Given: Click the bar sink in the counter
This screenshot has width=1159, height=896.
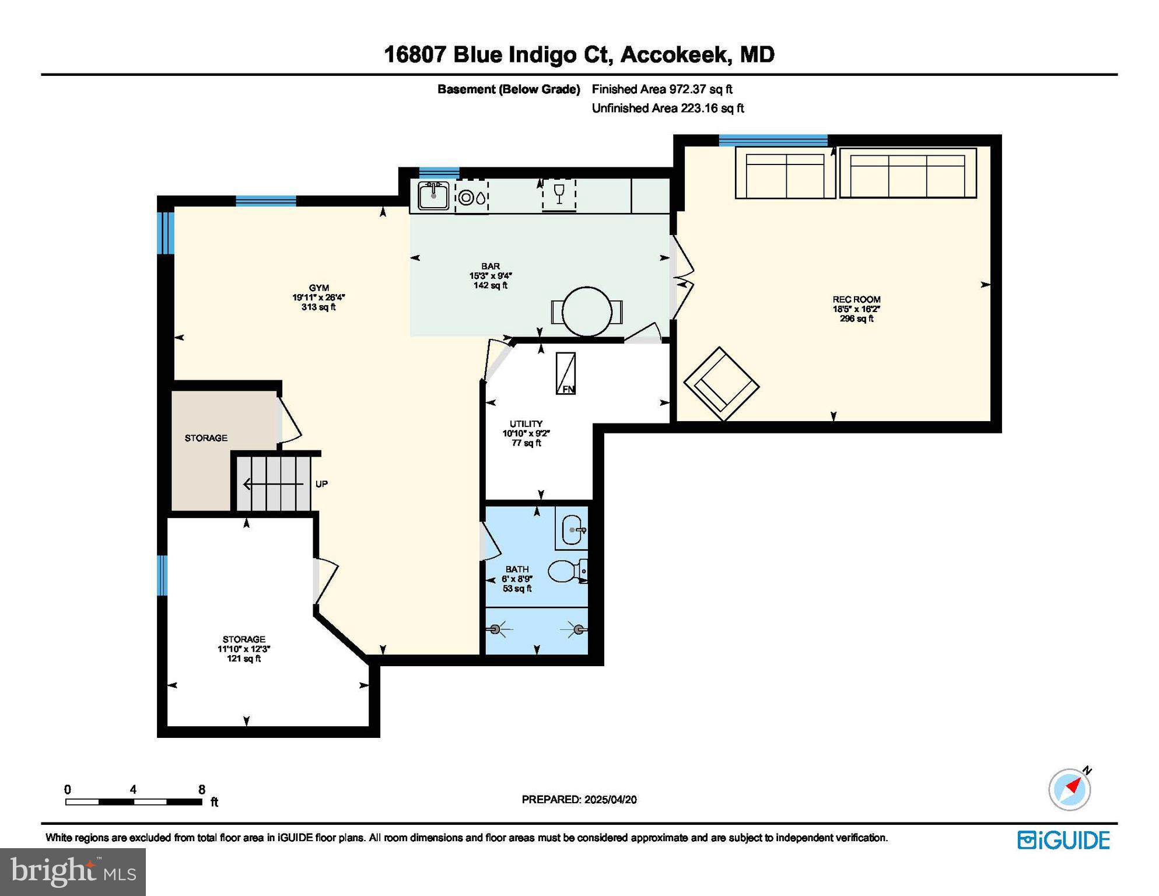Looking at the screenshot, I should click(433, 195).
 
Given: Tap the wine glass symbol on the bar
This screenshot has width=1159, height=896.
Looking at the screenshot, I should click(559, 194).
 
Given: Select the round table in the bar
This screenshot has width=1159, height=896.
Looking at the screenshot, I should click(587, 311).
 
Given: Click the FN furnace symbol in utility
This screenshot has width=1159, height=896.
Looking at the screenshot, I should click(565, 373).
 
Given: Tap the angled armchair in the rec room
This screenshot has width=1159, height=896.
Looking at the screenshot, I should click(721, 384).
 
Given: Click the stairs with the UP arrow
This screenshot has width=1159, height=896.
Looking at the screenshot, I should click(273, 484).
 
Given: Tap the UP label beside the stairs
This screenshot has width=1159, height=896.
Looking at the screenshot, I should click(321, 484).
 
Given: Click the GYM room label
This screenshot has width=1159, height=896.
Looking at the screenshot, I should click(318, 288).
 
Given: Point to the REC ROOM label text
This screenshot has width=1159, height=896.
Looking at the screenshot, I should click(856, 299).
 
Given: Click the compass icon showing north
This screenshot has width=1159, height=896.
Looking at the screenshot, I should click(1070, 789).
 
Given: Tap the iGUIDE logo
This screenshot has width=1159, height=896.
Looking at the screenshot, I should click(1063, 840).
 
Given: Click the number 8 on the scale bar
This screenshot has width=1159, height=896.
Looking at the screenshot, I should click(202, 789).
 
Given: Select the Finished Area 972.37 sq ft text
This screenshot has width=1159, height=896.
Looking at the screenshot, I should click(662, 89).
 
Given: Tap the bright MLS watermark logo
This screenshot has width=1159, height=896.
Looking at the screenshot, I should click(73, 871).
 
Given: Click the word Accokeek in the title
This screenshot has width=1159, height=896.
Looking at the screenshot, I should click(674, 55).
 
